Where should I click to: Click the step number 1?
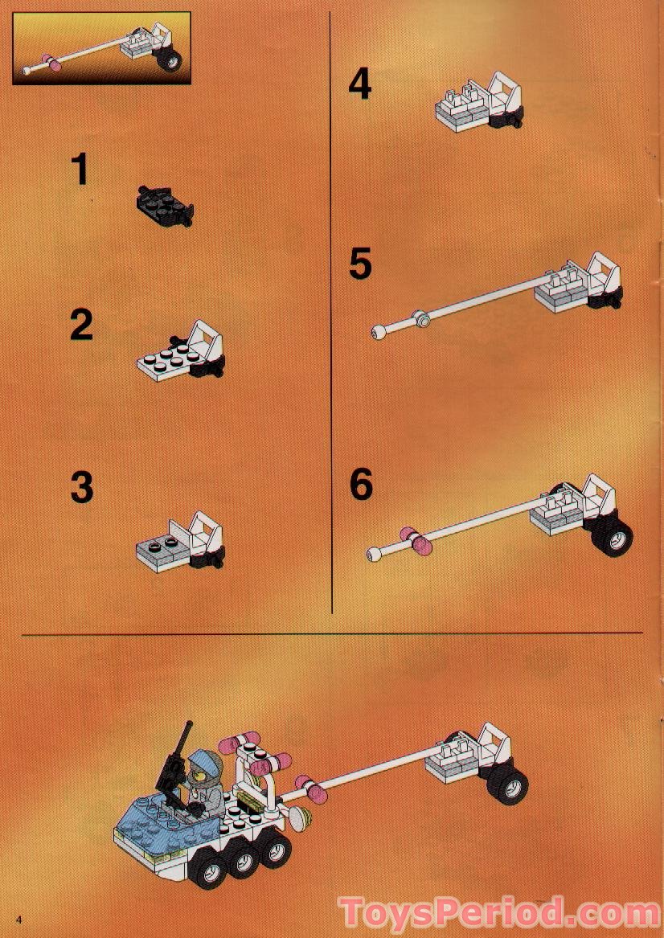79,170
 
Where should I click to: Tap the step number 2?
81,325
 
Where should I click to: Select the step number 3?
81,487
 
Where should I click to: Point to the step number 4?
359,84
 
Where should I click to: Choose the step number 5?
360,264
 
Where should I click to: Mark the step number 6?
361,485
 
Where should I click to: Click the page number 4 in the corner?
16,920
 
